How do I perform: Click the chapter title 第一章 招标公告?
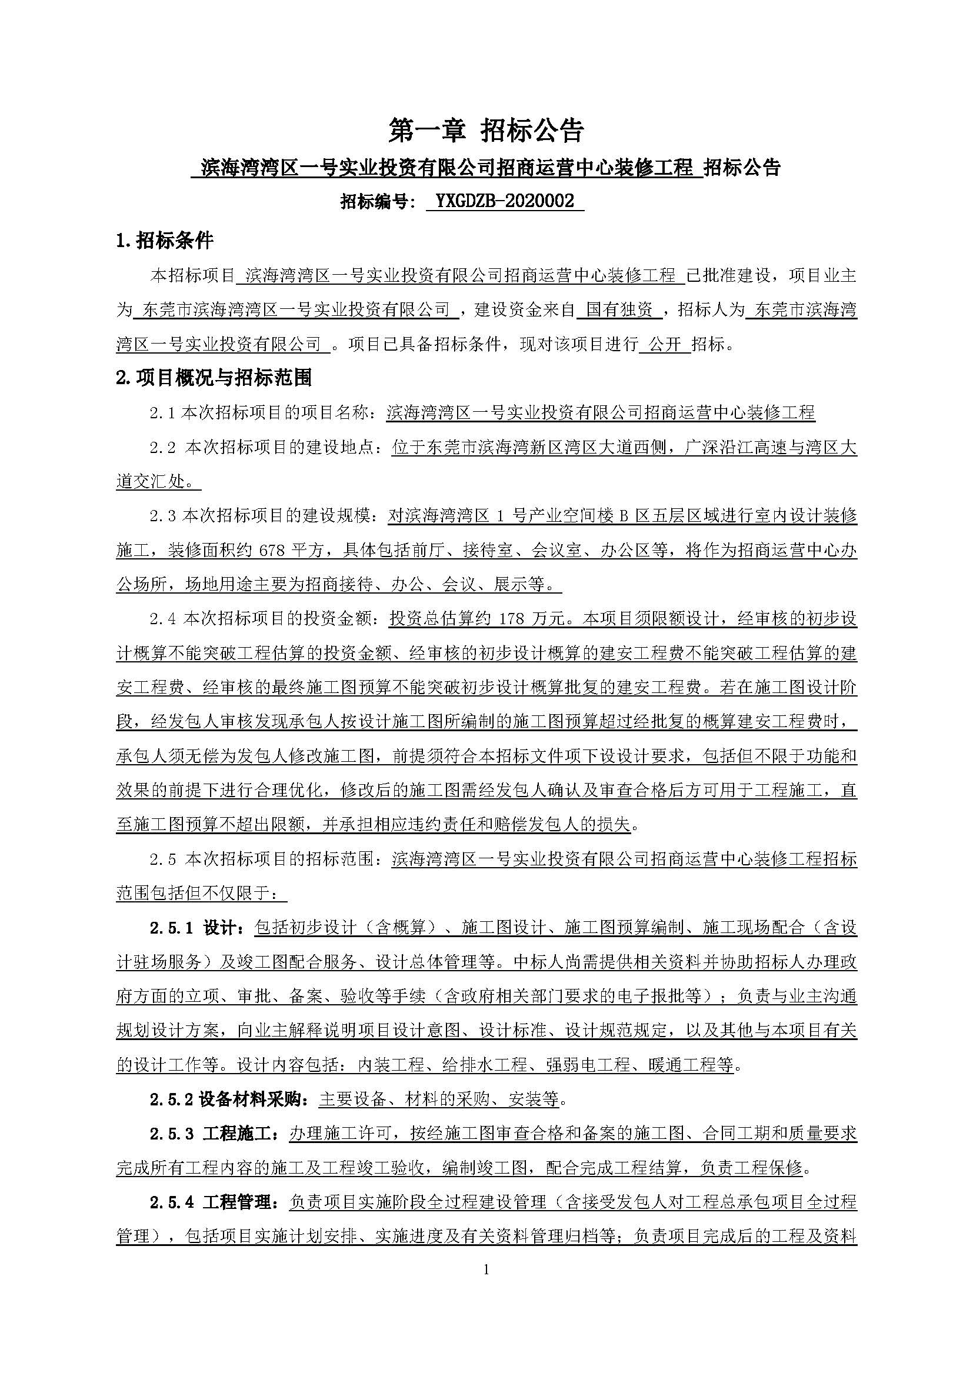point(486,131)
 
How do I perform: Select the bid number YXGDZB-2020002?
point(505,201)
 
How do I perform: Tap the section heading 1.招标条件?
point(165,241)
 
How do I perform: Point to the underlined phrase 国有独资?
point(619,310)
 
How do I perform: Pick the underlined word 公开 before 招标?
point(665,345)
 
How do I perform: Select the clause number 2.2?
point(162,448)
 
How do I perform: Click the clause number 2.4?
point(162,619)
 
